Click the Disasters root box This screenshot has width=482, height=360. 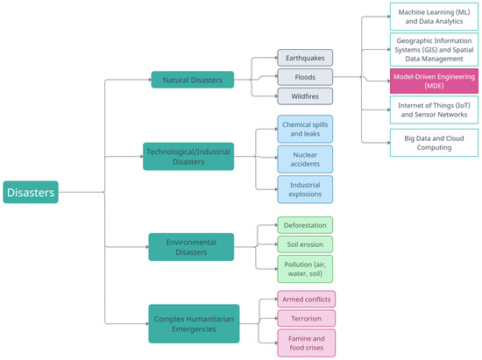point(31,192)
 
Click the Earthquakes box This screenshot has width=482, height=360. point(305,58)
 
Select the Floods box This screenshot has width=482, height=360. point(305,76)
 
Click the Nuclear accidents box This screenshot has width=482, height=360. point(305,159)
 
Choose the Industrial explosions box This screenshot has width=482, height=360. point(305,189)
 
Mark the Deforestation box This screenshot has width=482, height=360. point(305,225)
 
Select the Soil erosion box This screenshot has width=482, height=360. point(305,243)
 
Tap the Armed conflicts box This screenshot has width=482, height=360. point(305,299)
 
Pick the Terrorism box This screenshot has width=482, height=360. point(305,317)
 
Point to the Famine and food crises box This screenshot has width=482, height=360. point(305,340)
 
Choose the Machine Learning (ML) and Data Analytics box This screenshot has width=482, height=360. point(433,15)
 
